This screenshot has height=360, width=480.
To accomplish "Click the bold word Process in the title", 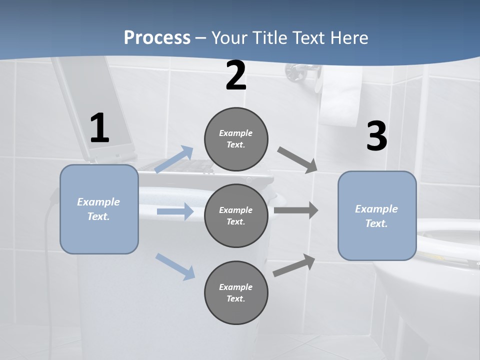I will coord(157,37).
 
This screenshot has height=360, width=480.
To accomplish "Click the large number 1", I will coord(99,128).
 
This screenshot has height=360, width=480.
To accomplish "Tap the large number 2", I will coord(236,76).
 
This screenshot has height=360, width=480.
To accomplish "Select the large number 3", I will coord(377,136).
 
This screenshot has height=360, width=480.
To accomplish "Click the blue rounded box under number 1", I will coord(99,209).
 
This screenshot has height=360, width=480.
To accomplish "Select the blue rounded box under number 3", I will coord(377,215).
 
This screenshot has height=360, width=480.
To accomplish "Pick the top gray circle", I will coord(236,139).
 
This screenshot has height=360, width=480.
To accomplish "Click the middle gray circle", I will coord(236,215).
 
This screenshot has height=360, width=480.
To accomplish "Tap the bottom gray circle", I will coord(236,292).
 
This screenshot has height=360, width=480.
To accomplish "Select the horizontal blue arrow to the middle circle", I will coord(175,211).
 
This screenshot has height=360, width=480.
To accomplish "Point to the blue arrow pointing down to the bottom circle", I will coord(175,266).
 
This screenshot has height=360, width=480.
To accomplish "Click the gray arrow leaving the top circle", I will coord(297,160).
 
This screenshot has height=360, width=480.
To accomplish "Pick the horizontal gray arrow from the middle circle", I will coord(296,210).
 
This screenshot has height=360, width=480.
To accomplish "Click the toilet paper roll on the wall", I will coord(341,97).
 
